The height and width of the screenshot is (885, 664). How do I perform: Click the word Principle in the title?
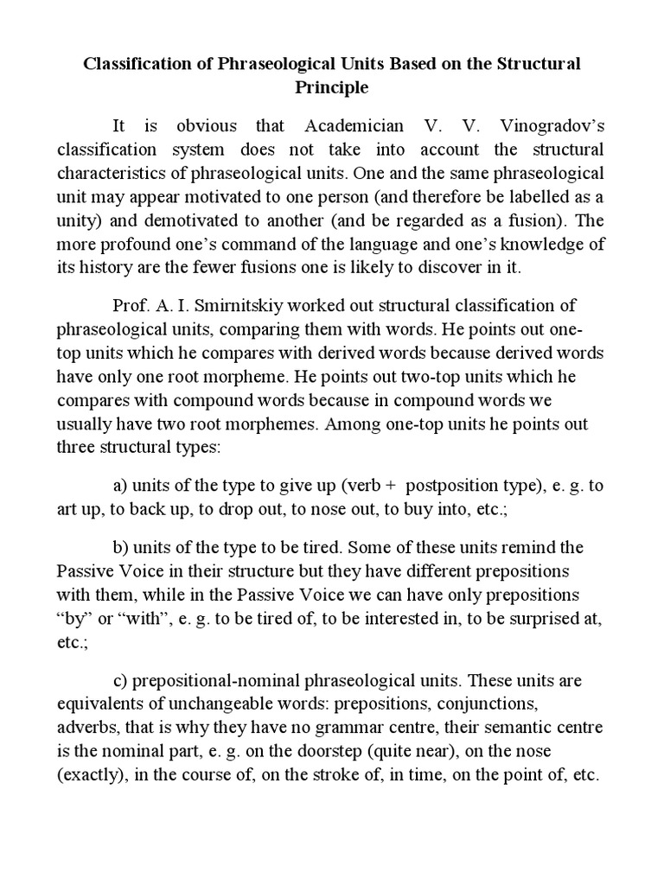pyautogui.click(x=332, y=87)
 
